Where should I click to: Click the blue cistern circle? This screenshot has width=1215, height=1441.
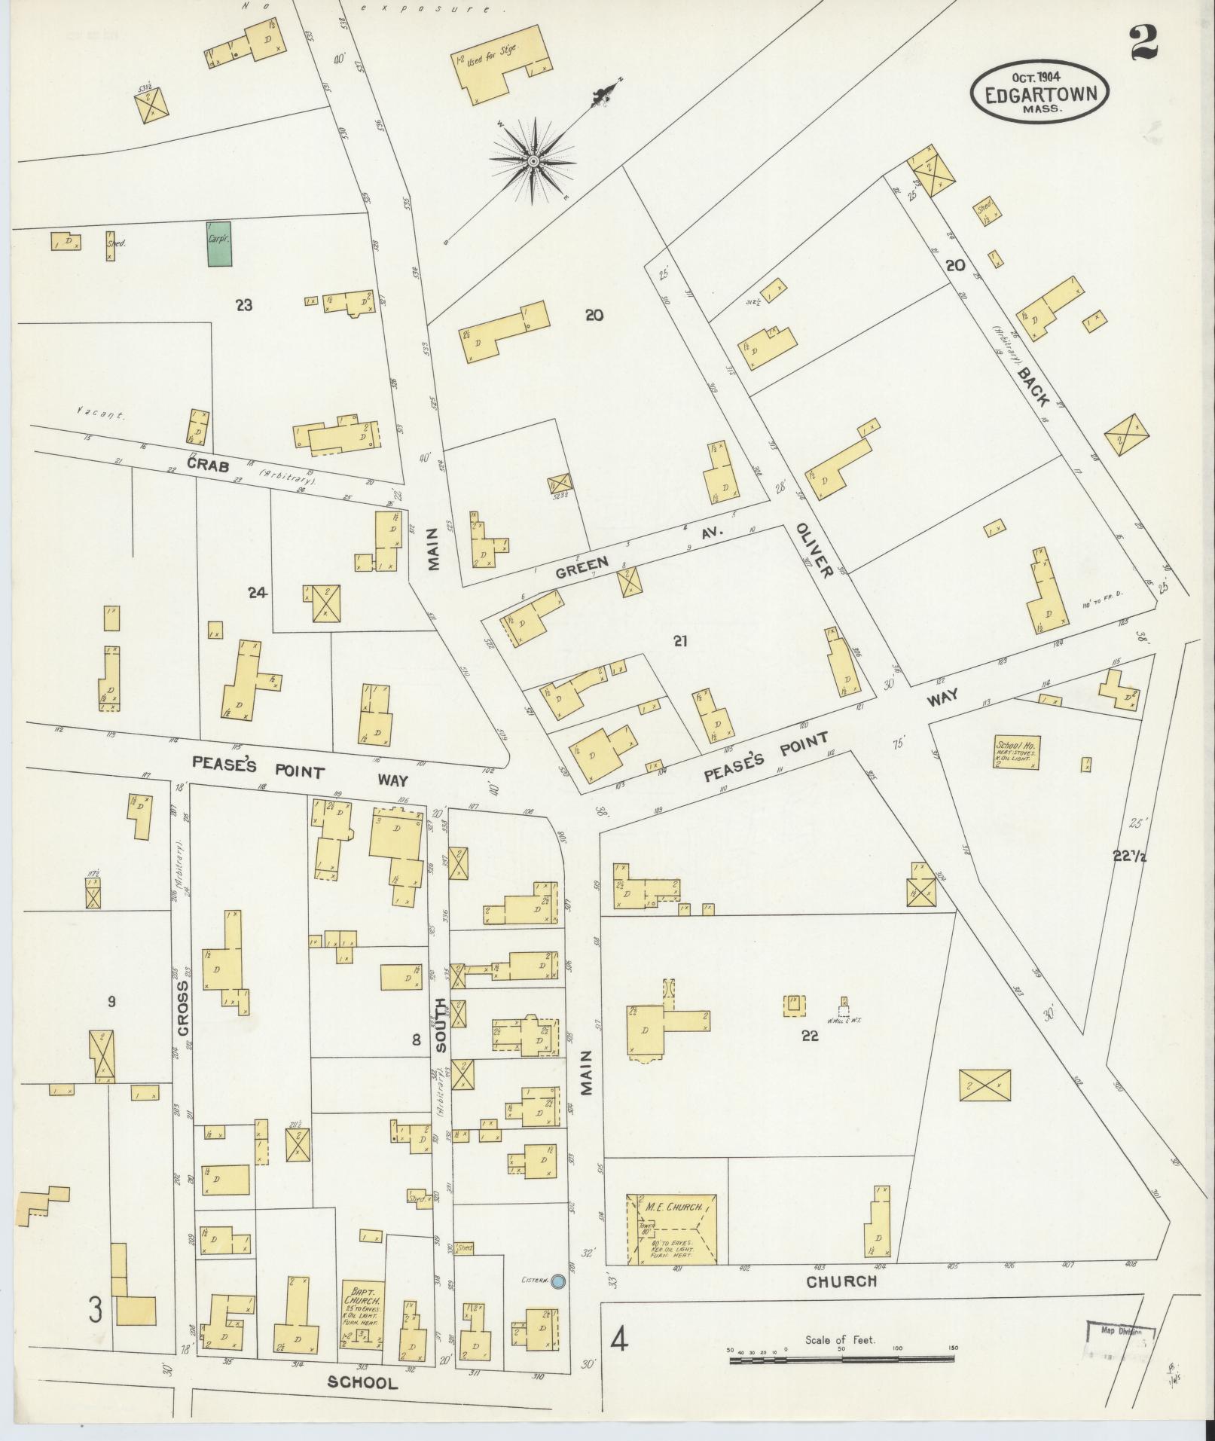point(557,1281)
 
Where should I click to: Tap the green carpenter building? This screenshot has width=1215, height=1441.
point(219,244)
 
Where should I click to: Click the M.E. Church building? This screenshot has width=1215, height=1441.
point(671,1229)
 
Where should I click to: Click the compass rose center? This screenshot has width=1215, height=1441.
point(533,160)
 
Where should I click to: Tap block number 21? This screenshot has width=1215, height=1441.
point(680,642)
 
